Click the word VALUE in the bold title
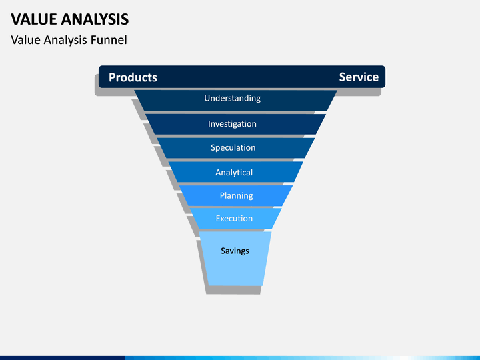(x=34, y=19)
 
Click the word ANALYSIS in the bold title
(x=95, y=19)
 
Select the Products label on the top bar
(x=133, y=77)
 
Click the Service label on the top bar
(x=359, y=77)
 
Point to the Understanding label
(x=233, y=98)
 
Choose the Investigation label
(x=232, y=124)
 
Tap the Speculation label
(x=233, y=148)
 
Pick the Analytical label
(x=234, y=173)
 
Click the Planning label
(x=236, y=195)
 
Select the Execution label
(x=234, y=218)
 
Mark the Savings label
(x=235, y=251)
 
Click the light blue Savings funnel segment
(x=235, y=259)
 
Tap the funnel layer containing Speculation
(x=236, y=148)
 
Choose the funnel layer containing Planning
(x=236, y=195)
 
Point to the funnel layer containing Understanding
(x=236, y=100)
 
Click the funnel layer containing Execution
(x=235, y=218)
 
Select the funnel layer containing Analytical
(x=236, y=172)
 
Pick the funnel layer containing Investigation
(x=236, y=124)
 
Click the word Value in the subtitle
(x=25, y=40)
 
